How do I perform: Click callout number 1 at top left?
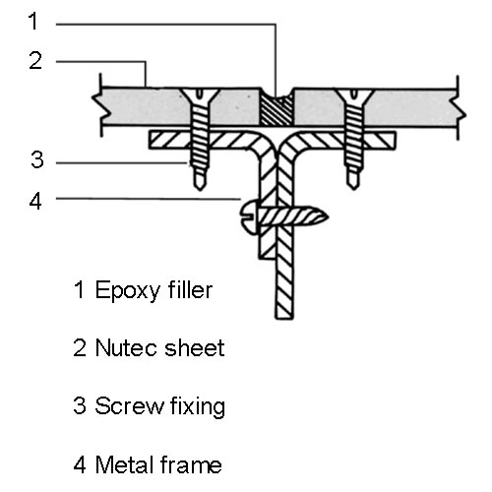(33, 21)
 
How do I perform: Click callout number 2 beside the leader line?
(35, 60)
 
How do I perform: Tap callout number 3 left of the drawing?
(37, 159)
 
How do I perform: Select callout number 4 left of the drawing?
(35, 201)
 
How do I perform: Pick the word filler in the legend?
(190, 289)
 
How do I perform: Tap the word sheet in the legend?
(195, 347)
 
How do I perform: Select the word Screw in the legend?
(129, 405)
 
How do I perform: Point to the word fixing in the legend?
(198, 406)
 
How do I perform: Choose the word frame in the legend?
(191, 464)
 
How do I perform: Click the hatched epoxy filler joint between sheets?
(277, 110)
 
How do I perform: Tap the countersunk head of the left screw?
(200, 95)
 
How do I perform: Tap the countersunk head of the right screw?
(354, 95)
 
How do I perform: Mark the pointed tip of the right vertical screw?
(353, 189)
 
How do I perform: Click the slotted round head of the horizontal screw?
(249, 217)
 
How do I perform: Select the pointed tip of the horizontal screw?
(328, 216)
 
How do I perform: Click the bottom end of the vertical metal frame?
(284, 318)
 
